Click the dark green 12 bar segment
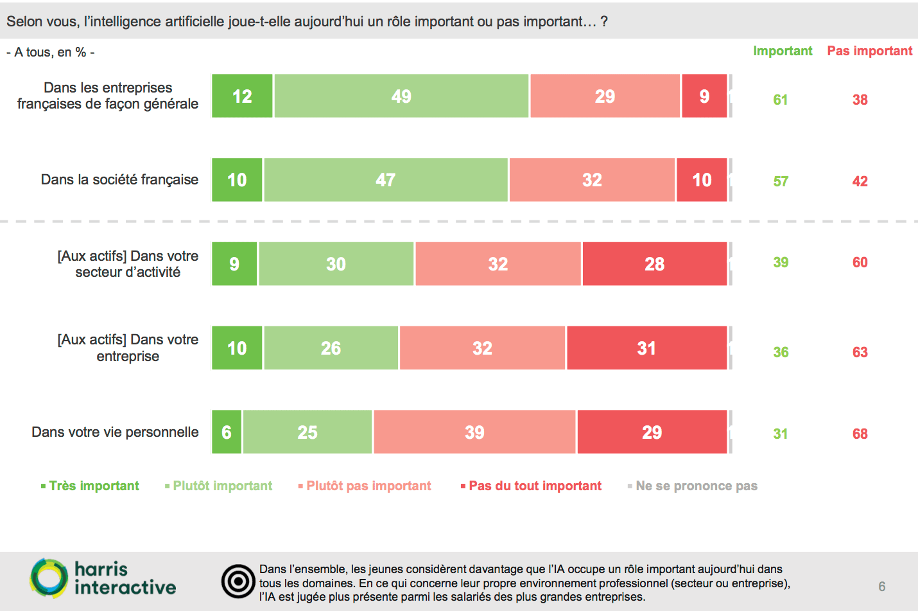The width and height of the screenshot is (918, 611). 242,96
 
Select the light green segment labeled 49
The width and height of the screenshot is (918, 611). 401,96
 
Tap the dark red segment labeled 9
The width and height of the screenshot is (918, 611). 704,96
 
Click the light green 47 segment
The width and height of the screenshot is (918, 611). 386,180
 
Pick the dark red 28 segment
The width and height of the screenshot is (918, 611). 654,264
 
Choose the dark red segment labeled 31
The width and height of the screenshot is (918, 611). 646,348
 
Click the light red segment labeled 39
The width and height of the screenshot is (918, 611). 474,432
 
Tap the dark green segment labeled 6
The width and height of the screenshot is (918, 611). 227,432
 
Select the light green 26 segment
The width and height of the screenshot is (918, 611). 331,348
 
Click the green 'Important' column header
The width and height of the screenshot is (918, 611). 783,51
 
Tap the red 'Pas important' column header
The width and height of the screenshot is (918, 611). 869,51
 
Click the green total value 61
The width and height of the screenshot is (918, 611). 781,100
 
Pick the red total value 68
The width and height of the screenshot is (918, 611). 860,434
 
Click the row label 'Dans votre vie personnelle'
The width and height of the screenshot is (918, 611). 115,432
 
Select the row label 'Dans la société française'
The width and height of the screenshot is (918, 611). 119,179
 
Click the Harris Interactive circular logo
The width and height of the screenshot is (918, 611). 49,578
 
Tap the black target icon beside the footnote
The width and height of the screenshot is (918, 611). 238,582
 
